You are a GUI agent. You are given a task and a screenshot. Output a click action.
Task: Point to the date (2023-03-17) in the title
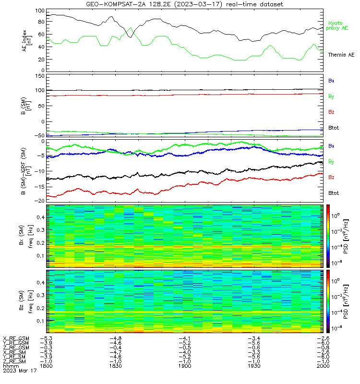pos(198,4)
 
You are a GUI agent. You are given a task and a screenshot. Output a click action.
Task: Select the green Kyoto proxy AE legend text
pos(337,26)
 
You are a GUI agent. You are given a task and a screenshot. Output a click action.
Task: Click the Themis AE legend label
pos(341,55)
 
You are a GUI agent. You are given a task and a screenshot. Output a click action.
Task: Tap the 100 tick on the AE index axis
pos(40,11)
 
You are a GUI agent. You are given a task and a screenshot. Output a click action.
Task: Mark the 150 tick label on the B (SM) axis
pos(40,76)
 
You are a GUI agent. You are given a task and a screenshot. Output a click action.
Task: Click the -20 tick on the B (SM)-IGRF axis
pos(40,201)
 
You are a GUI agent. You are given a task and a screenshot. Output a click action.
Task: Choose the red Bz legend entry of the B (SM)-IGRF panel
pos(331,177)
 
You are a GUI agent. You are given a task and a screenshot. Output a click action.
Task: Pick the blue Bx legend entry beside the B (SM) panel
pos(331,81)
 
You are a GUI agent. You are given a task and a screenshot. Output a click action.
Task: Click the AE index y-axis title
pos(27,41)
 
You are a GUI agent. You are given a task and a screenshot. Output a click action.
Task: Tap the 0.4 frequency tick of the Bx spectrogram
pos(41,217)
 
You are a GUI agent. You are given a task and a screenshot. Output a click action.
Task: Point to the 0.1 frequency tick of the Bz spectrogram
pos(41,321)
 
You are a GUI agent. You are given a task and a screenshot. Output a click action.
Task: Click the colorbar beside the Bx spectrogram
pos(328,236)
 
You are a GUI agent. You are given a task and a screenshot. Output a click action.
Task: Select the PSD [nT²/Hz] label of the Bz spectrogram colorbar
pos(346,301)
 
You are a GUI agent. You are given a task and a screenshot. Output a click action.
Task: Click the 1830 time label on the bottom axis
pos(115,366)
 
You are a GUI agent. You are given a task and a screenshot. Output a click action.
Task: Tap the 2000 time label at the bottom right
pos(323,366)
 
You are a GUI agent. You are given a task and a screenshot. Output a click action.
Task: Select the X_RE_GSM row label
pos(16,339)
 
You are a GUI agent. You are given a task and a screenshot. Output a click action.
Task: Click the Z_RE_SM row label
pos(14,361)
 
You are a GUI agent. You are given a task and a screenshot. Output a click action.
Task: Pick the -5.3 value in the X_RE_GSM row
pos(46,338)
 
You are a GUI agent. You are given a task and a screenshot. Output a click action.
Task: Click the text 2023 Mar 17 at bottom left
pos(20,371)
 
